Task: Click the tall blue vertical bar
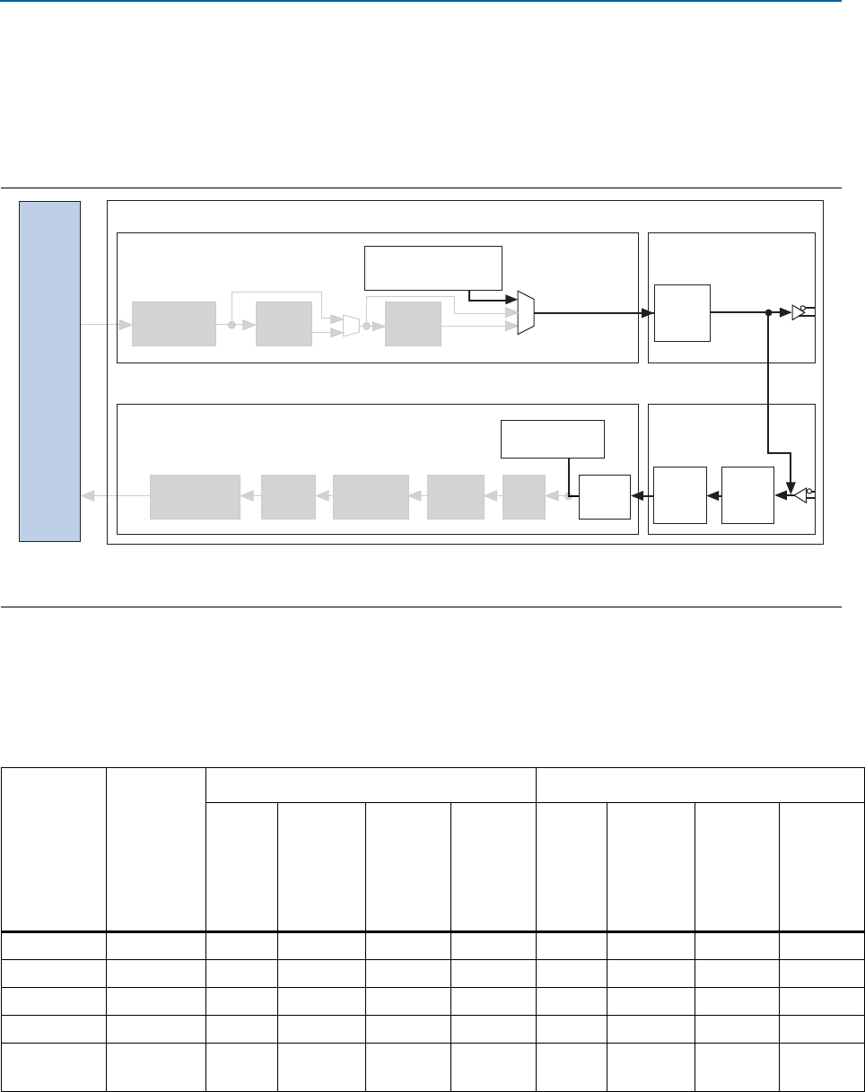pos(50,371)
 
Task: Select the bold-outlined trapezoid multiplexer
pos(526,313)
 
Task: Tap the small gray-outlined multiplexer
pos(351,325)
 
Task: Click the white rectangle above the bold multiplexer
pos(433,267)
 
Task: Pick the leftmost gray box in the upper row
pos(174,324)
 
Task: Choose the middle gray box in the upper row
pos(284,324)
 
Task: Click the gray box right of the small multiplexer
pos(413,324)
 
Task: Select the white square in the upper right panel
pos(682,312)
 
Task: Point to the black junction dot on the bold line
pos(769,313)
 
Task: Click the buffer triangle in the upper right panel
pos(798,312)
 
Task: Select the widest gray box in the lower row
pos(195,497)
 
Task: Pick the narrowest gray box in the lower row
pos(523,497)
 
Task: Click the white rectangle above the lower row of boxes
pos(553,439)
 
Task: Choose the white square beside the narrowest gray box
pos(603,496)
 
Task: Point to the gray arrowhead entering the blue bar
pos(86,496)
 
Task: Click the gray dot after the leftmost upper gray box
pos(232,325)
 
